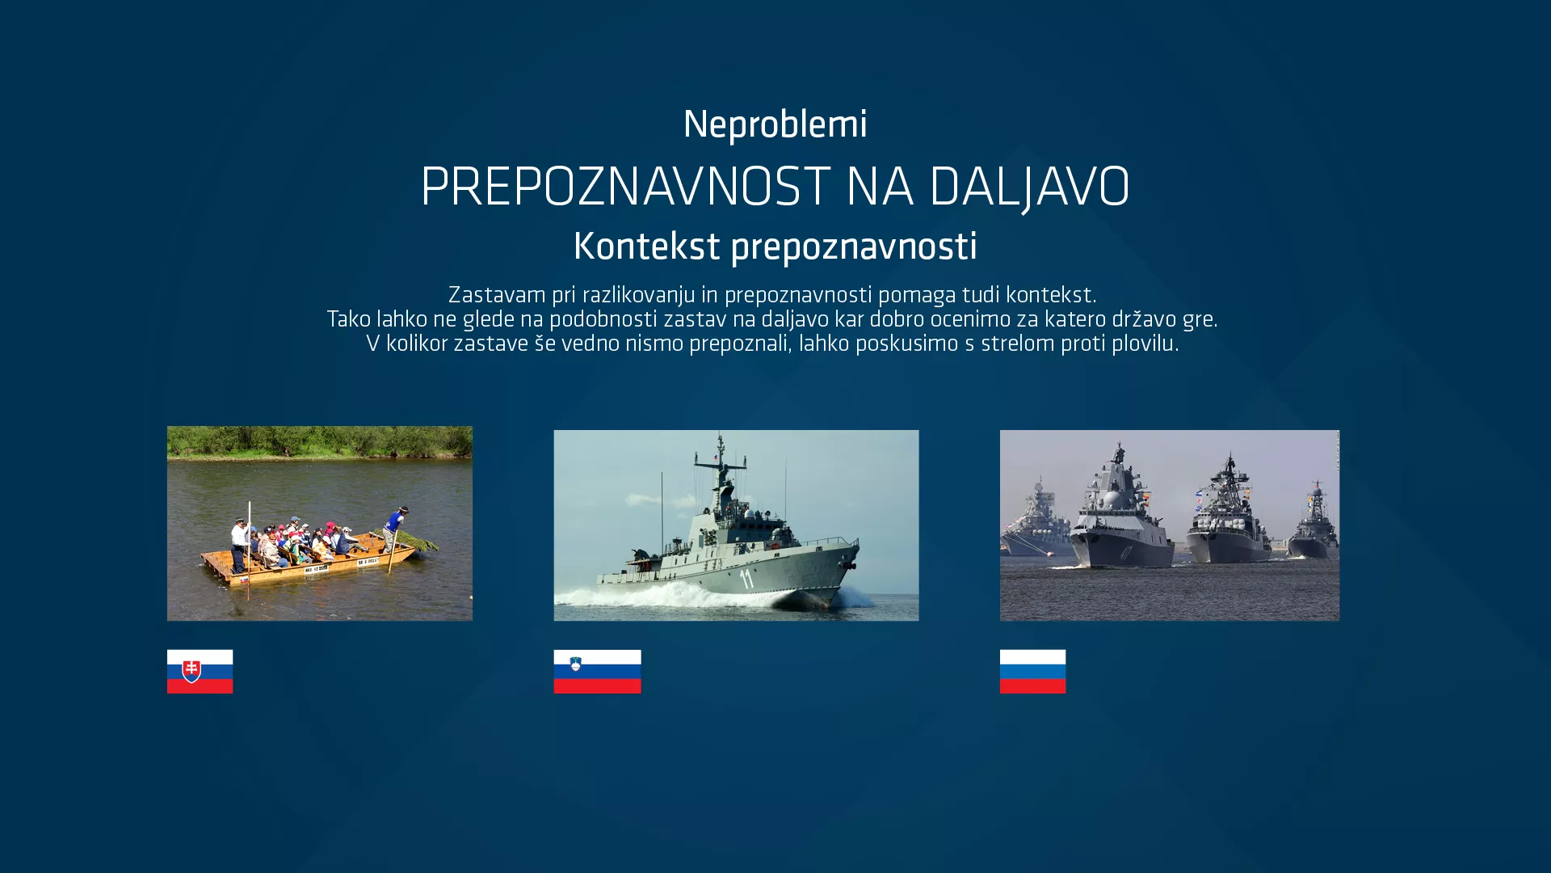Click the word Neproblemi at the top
[x=775, y=124]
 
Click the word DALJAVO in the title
[x=1029, y=187]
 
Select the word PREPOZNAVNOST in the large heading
[x=625, y=187]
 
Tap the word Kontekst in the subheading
[x=646, y=247]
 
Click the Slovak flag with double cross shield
[x=200, y=671]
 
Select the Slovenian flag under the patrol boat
[x=597, y=671]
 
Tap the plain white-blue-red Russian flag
[x=1032, y=671]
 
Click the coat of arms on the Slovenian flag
[x=575, y=664]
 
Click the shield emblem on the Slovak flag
[x=191, y=671]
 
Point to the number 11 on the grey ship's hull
[x=746, y=578]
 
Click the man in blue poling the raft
[x=396, y=525]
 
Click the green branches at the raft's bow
[x=420, y=540]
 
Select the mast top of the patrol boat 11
[x=721, y=441]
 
